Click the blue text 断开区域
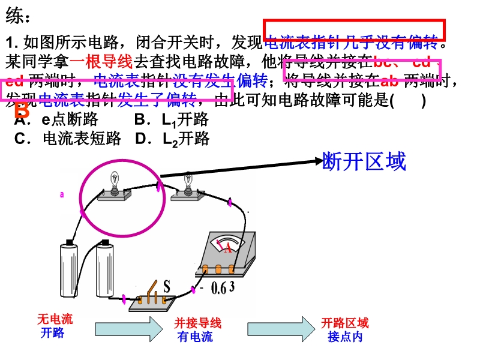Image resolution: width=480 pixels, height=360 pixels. point(364,161)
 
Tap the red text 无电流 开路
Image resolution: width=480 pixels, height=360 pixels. point(54,326)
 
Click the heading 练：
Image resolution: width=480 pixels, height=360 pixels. point(19,16)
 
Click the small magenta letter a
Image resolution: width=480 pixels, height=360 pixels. point(61,194)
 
